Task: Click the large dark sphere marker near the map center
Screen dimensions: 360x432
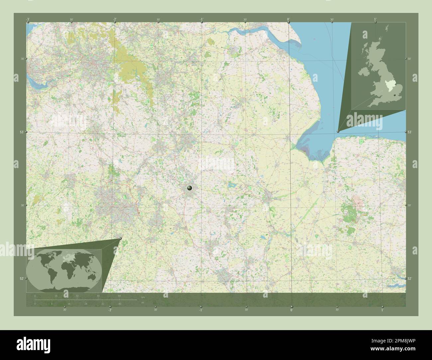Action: [x=190, y=188]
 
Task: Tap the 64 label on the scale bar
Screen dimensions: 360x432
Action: [x=119, y=296]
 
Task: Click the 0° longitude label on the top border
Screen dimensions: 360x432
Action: [x=288, y=20]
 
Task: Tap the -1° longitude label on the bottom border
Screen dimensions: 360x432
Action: [x=200, y=310]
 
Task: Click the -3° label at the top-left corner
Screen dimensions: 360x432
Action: [x=28, y=20]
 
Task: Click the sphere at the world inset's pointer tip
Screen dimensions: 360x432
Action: [x=120, y=238]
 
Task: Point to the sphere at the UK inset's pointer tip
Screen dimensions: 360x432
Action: [x=338, y=131]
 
